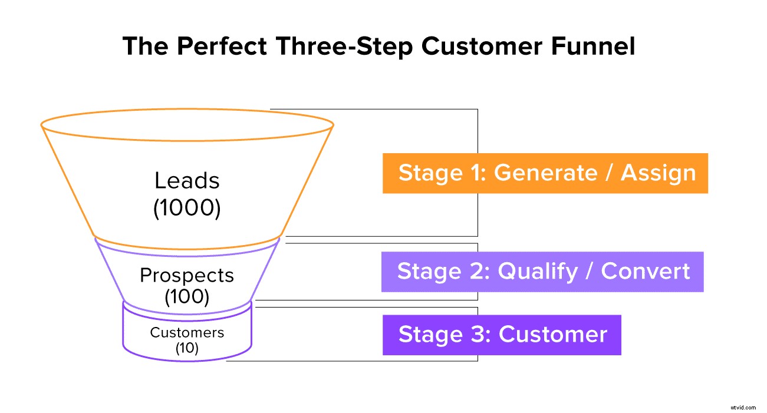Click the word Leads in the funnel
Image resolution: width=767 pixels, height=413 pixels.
(x=187, y=180)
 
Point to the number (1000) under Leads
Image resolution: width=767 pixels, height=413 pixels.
(x=187, y=209)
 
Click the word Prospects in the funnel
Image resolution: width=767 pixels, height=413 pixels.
(x=187, y=275)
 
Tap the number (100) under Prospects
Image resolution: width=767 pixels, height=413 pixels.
(x=187, y=297)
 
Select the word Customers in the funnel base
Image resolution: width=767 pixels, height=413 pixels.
(x=187, y=332)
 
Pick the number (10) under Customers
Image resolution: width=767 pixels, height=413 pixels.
(x=187, y=348)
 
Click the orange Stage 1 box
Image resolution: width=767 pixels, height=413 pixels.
(x=545, y=173)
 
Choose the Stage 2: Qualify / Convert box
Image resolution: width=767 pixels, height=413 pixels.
(x=542, y=272)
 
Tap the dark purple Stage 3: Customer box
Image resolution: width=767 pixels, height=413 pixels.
(x=502, y=335)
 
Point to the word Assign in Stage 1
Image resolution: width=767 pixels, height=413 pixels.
(x=659, y=173)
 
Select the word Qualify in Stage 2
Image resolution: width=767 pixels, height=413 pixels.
(x=538, y=272)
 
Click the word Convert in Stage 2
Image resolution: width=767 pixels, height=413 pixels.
(x=645, y=272)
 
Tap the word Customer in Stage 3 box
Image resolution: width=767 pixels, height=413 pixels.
(x=553, y=335)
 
